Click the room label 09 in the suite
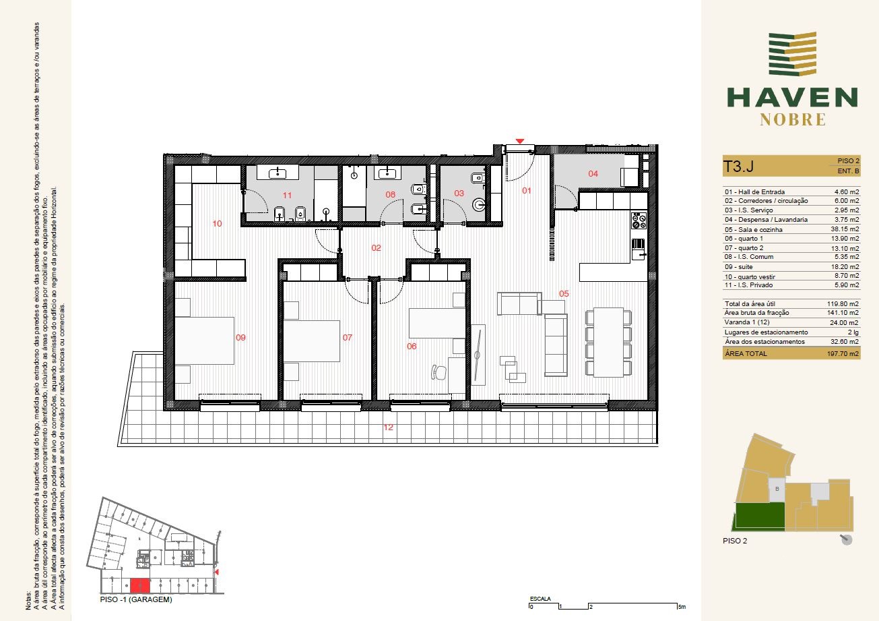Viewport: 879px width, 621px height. (x=240, y=337)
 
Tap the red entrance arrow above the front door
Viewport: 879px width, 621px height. (x=520, y=141)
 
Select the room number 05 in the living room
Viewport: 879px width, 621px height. (x=564, y=293)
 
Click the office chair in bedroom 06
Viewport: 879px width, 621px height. (x=439, y=372)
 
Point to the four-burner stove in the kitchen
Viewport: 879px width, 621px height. (x=639, y=220)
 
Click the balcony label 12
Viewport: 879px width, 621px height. (x=388, y=427)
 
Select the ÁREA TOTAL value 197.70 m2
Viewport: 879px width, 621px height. (x=843, y=353)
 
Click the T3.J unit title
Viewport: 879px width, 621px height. (x=738, y=166)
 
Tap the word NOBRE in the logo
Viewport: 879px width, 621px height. (x=793, y=120)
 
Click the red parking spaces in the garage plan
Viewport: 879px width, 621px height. (x=140, y=585)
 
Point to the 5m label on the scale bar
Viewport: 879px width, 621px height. (x=682, y=607)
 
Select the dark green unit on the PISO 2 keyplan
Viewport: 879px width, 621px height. (x=759, y=515)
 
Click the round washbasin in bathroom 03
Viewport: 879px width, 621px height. (x=479, y=205)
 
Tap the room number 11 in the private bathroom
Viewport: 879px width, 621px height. (x=287, y=196)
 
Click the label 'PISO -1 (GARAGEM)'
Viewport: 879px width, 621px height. (x=136, y=600)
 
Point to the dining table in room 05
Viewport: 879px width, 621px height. (x=608, y=342)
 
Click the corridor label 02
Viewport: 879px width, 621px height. (x=376, y=248)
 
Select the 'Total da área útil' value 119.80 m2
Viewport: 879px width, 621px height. (x=843, y=303)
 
